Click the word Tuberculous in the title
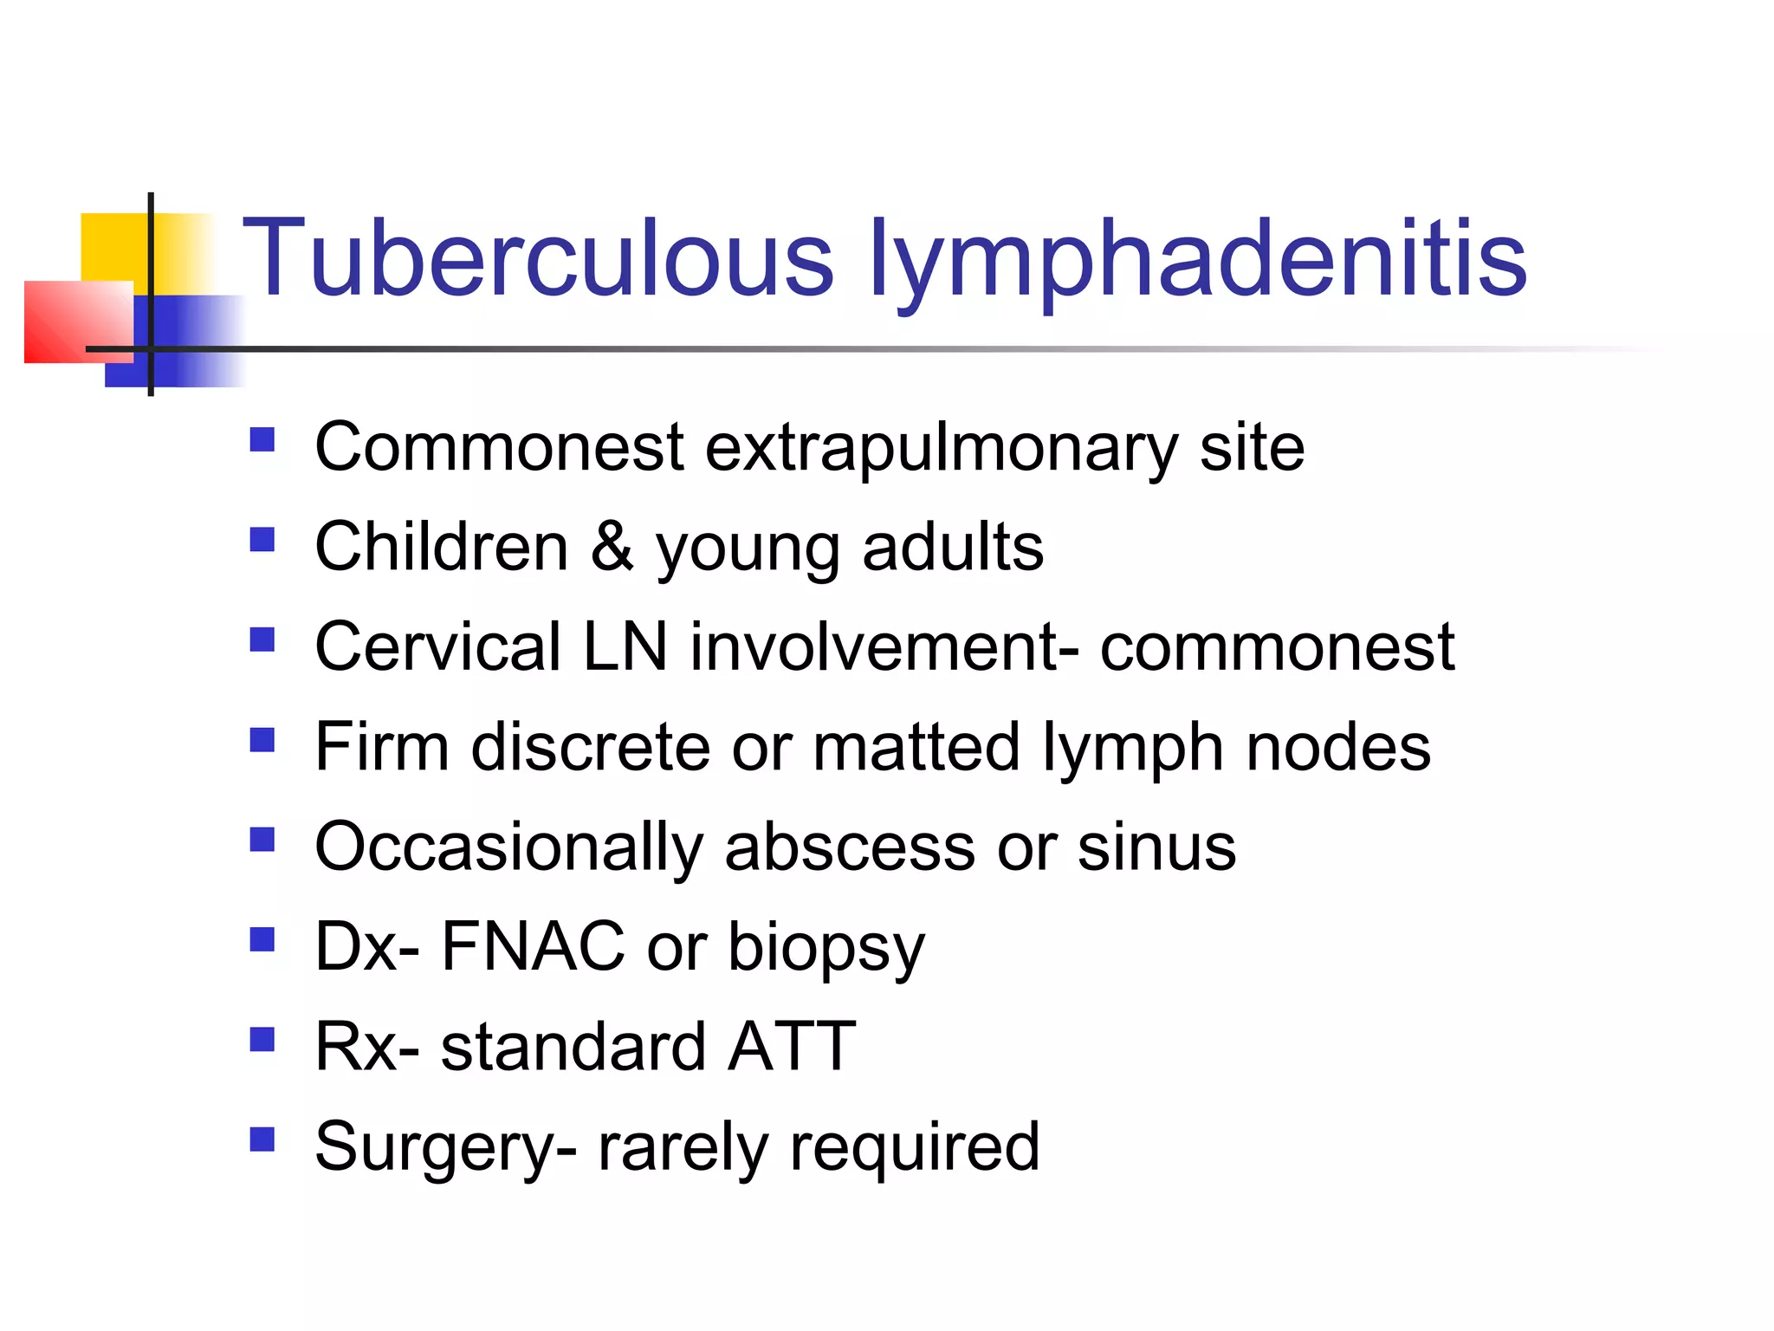pos(537,257)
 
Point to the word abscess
pos(850,847)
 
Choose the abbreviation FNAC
pos(533,946)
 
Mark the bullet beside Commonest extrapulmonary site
pos(262,440)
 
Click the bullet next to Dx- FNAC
pos(262,939)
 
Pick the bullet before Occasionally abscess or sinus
pos(262,840)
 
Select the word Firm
pos(382,747)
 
